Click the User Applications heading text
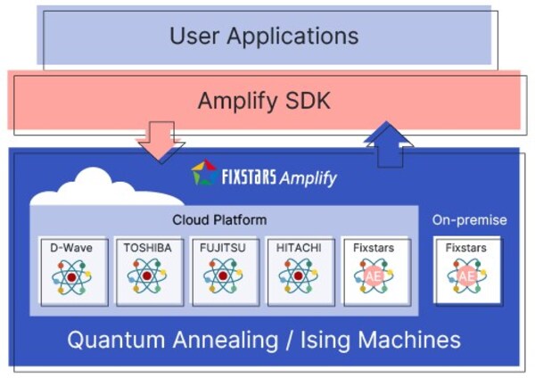point(264,37)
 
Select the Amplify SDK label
point(264,101)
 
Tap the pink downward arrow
point(160,141)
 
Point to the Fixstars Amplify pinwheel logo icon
point(204,174)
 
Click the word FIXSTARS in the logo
point(248,176)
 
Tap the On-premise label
point(469,219)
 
